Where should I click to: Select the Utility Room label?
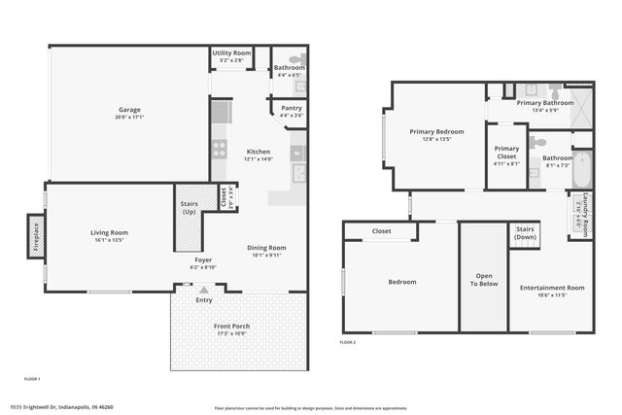click(x=231, y=52)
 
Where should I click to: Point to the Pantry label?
click(x=291, y=109)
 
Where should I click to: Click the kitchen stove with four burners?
click(x=220, y=149)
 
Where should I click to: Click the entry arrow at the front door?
click(x=203, y=290)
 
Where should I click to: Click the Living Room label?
click(x=110, y=232)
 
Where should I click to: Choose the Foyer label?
click(x=203, y=260)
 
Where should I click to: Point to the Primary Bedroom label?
click(x=436, y=131)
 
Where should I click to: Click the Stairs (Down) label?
click(x=526, y=233)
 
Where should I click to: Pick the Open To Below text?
click(x=483, y=281)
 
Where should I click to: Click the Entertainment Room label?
click(x=552, y=288)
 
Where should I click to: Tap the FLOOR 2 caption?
click(x=347, y=343)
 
